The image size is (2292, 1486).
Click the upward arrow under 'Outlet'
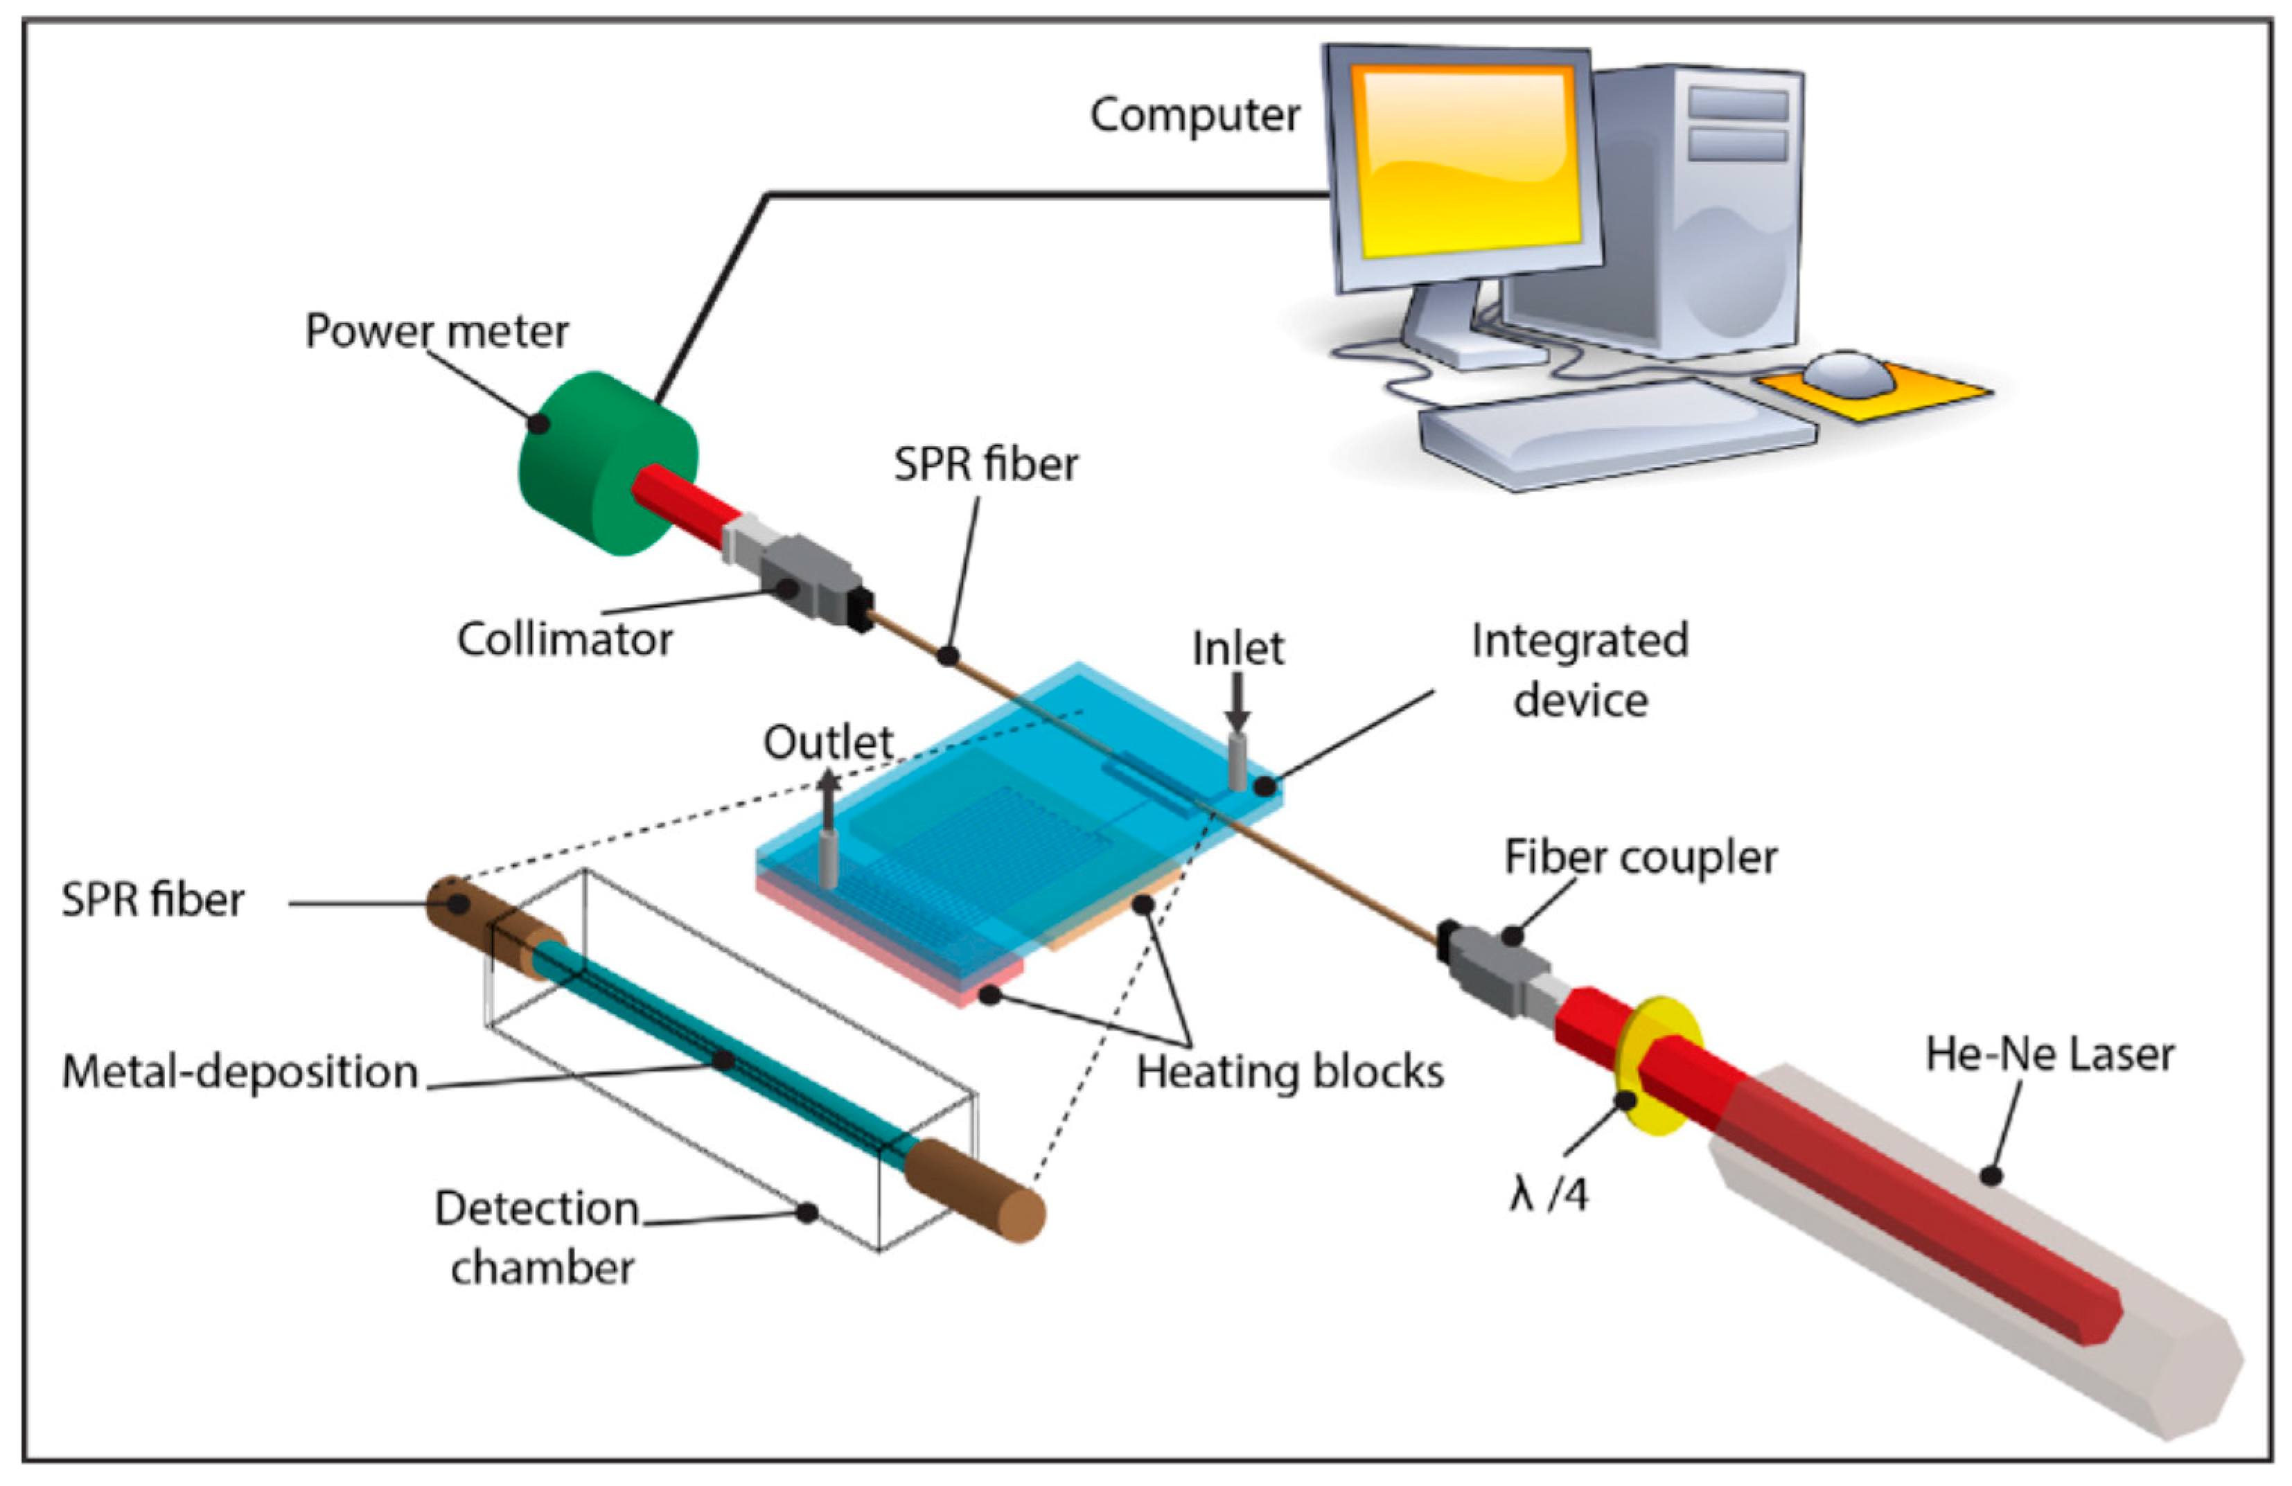click(x=828, y=795)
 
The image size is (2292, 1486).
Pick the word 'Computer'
click(x=1194, y=116)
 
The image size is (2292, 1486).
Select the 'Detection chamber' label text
click(x=539, y=1237)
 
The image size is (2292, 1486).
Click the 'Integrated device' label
click(x=1579, y=669)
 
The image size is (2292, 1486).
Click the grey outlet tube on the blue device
click(x=828, y=857)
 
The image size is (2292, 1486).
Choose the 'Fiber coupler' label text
click(x=1640, y=857)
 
